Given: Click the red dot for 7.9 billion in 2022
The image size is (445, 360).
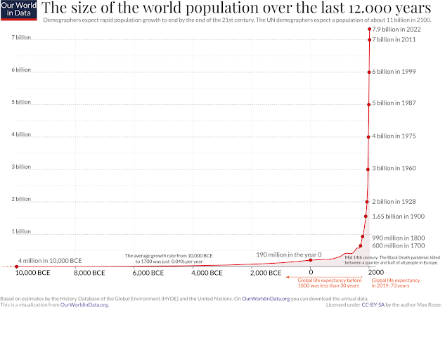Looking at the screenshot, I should [369, 29].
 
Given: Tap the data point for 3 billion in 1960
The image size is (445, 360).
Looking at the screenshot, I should [368, 169].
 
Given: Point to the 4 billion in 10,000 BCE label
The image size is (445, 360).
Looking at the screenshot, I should [46, 260].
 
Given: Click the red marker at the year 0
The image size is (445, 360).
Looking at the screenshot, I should [311, 260].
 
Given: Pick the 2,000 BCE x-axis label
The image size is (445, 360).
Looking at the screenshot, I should [265, 273].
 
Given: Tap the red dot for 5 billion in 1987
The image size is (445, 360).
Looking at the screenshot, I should [368, 104].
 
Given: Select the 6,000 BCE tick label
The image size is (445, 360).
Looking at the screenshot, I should [149, 273].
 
